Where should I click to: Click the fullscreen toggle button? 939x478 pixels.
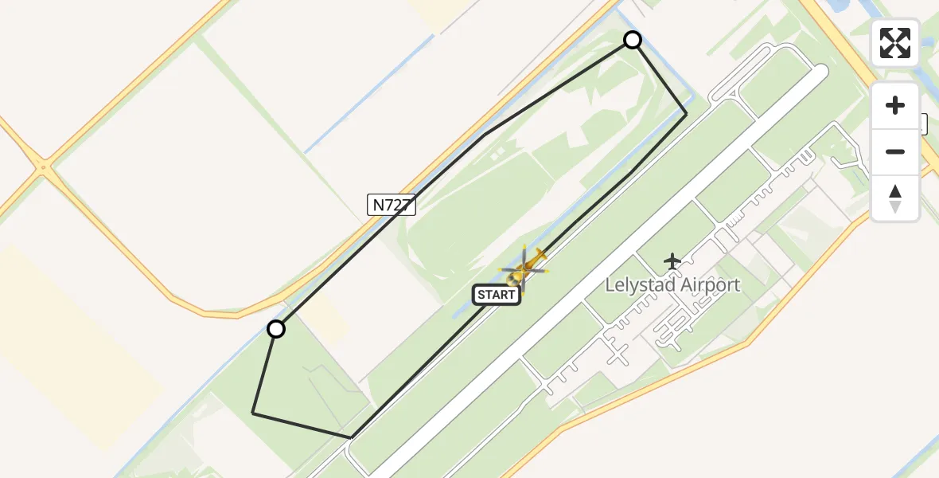(x=895, y=43)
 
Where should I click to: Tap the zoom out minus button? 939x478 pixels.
(x=895, y=151)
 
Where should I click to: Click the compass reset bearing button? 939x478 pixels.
(x=895, y=198)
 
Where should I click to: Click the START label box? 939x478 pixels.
(x=497, y=295)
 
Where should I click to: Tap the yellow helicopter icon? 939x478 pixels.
(x=524, y=268)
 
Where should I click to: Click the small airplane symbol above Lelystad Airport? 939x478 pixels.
(x=672, y=260)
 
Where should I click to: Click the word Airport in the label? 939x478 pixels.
(x=711, y=284)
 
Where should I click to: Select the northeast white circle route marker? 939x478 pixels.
(x=633, y=40)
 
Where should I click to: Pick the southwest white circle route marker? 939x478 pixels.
(x=276, y=329)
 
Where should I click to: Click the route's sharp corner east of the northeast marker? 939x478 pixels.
(x=686, y=114)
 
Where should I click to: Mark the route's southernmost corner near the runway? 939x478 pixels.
(x=351, y=437)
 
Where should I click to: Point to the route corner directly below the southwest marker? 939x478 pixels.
(x=253, y=413)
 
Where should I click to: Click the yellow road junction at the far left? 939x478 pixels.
(x=42, y=167)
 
